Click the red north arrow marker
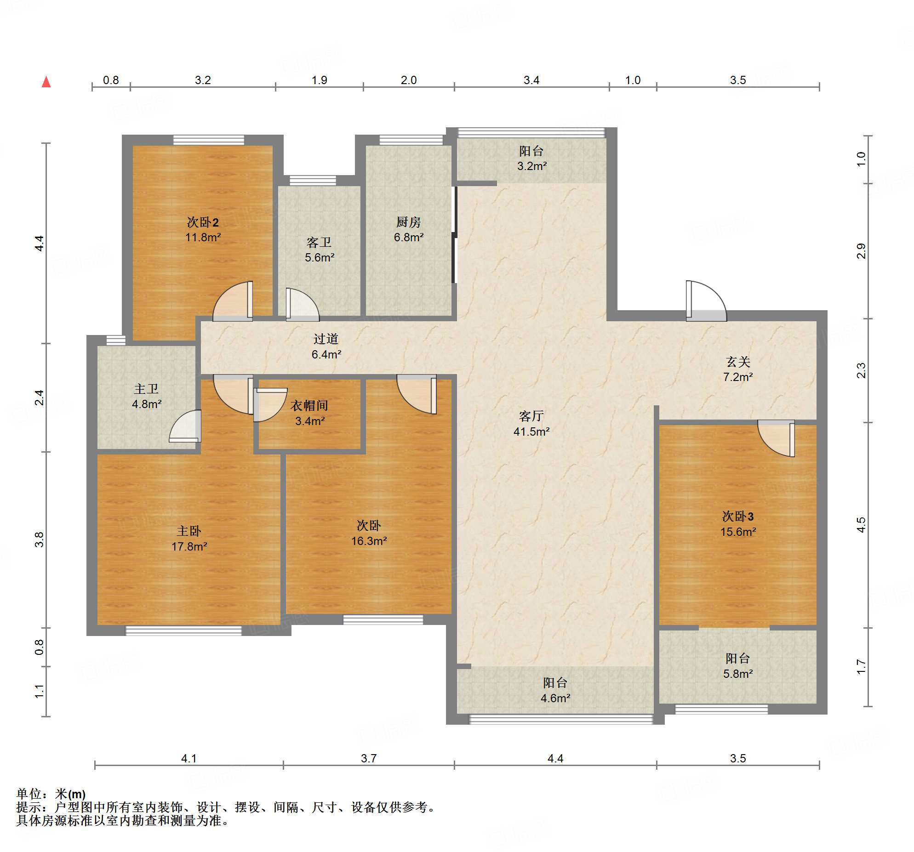click(46, 82)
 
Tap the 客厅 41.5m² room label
click(531, 423)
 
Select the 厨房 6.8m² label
click(409, 229)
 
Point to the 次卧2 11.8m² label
click(203, 229)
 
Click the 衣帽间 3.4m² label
click(309, 413)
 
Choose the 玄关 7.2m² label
click(738, 369)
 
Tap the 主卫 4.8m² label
click(147, 396)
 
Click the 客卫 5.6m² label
click(320, 250)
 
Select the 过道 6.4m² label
click(326, 346)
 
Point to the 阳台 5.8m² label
click(738, 665)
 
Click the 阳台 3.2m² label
click(531, 158)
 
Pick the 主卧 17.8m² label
click(189, 539)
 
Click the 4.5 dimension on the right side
click(861, 525)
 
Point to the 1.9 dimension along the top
click(319, 80)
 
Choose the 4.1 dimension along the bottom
click(189, 758)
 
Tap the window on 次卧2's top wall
click(209, 140)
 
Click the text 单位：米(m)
click(51, 794)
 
